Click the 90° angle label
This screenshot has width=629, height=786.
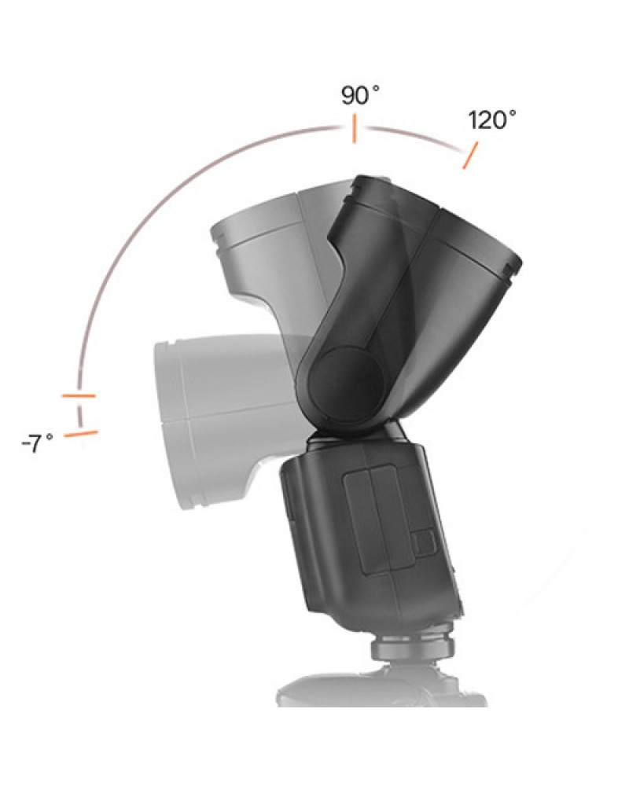pyautogui.click(x=360, y=96)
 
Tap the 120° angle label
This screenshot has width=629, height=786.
pyautogui.click(x=492, y=120)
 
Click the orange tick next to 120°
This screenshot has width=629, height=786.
pyautogui.click(x=469, y=156)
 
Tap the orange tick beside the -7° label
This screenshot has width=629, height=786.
pyautogui.click(x=81, y=433)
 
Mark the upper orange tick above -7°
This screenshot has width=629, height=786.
pyautogui.click(x=79, y=395)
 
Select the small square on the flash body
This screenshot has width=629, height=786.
pyautogui.click(x=423, y=542)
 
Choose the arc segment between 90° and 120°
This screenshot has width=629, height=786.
pyautogui.click(x=417, y=135)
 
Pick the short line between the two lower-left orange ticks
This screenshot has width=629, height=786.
pyautogui.click(x=79, y=413)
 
